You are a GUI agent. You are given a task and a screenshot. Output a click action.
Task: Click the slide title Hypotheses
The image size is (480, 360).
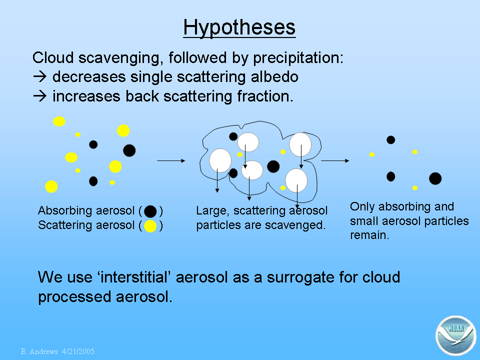239,28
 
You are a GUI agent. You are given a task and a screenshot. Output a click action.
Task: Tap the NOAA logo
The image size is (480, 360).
455,335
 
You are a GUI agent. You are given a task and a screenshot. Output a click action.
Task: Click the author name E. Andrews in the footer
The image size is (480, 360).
39,351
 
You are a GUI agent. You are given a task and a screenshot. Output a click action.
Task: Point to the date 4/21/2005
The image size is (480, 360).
78,351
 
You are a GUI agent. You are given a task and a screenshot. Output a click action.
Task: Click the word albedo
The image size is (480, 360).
274,76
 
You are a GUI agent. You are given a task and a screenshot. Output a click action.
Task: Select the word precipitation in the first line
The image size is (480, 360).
298,58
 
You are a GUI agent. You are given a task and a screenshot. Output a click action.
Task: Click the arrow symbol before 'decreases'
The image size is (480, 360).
40,76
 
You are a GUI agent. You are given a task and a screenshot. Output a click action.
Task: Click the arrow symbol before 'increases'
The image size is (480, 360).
40,96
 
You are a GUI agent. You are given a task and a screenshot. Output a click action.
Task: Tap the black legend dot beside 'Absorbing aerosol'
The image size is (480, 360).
150,211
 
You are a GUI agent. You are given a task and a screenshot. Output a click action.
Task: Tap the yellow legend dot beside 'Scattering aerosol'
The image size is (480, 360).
150,226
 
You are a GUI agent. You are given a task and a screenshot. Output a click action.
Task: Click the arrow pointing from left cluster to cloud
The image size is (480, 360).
171,160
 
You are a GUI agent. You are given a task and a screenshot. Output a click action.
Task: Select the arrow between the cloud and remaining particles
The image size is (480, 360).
335,160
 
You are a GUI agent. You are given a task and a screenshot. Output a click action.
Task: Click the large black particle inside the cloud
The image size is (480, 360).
273,166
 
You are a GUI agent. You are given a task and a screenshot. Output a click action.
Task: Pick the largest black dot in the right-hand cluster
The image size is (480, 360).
435,178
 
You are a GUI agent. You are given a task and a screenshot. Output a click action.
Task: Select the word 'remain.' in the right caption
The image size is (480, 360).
369,235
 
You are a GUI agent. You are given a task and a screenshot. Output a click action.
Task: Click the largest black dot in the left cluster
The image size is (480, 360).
129,150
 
